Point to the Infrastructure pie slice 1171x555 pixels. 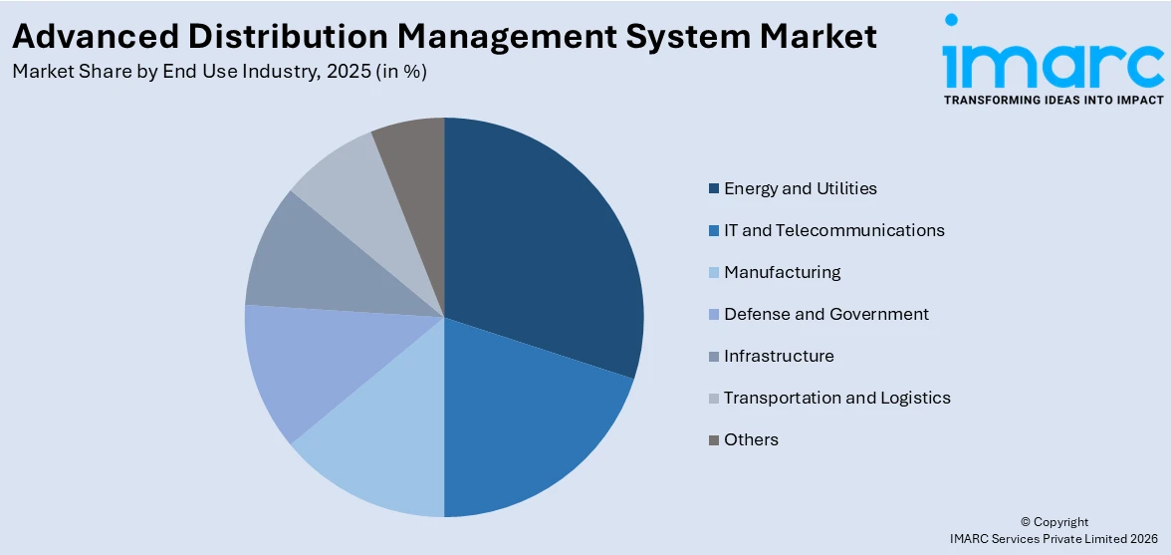(319, 264)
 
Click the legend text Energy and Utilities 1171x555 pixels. (800, 188)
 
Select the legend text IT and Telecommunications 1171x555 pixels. (833, 230)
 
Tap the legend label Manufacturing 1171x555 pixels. (782, 272)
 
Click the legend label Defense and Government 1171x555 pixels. (825, 314)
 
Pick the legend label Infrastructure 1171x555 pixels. (779, 356)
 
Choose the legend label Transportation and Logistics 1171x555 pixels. (836, 398)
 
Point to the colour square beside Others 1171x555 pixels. (713, 440)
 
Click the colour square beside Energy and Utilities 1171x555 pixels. (713, 189)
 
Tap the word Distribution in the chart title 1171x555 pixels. (263, 37)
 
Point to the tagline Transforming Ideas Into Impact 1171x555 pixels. (1053, 101)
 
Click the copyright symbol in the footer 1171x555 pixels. (1026, 522)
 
